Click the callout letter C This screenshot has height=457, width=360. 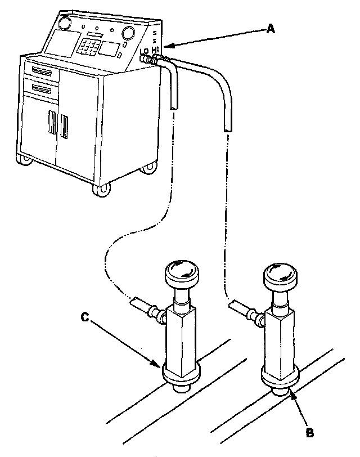[84, 318]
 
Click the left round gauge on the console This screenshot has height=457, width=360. [64, 23]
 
